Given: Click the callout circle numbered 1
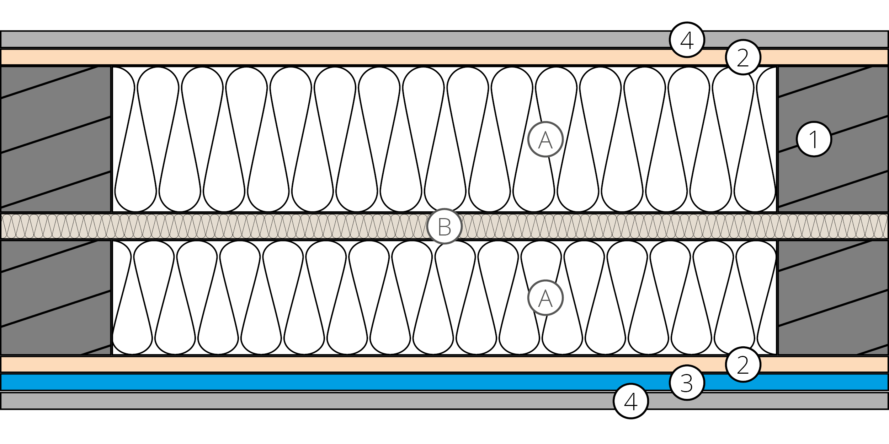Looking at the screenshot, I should (x=814, y=139).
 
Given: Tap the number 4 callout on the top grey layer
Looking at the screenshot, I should (x=687, y=40).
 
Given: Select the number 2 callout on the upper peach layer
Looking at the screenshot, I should (x=743, y=57).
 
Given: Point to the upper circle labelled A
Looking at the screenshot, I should (x=545, y=139).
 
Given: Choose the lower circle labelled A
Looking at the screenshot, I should (x=545, y=298).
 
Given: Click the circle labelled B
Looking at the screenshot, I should (x=444, y=226).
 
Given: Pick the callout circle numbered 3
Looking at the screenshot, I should (x=687, y=383).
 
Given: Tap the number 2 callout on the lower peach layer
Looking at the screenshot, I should (x=743, y=364).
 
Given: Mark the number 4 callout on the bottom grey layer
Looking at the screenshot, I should (x=631, y=401).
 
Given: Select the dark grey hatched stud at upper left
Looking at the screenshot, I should (x=55, y=139).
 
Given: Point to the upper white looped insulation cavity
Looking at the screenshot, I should (x=356, y=139).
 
